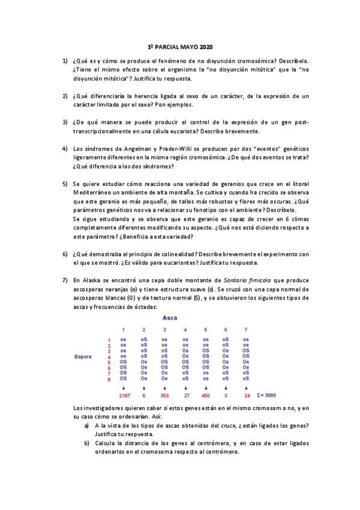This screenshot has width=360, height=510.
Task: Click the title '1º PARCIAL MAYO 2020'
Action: tap(180, 46)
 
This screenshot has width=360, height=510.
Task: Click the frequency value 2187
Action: tap(124, 395)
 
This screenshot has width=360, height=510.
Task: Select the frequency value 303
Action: tap(164, 395)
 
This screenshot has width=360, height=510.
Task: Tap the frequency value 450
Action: tap(206, 395)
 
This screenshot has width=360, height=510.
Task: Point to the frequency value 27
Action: tap(185, 395)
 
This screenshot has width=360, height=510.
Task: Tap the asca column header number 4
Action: tap(185, 329)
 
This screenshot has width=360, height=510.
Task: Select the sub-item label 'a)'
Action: tap(87, 425)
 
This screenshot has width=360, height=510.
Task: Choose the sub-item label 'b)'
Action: tap(87, 443)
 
